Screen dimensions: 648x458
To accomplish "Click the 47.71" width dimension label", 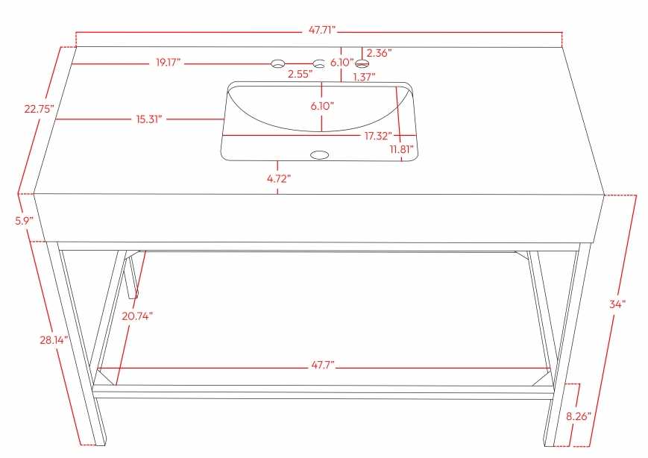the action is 322,31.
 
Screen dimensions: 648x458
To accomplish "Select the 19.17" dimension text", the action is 169,63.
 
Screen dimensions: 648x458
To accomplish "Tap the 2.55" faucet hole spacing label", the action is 300,75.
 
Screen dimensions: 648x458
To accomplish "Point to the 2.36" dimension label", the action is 379,53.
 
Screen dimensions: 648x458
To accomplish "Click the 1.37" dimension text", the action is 364,77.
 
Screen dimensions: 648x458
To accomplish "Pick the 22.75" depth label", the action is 40,110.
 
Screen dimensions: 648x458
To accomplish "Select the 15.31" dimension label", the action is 149,119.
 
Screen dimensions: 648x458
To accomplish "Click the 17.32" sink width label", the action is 378,136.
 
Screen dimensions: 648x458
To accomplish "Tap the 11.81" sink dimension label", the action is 402,149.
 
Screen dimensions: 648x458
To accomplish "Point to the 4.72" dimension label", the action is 279,178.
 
